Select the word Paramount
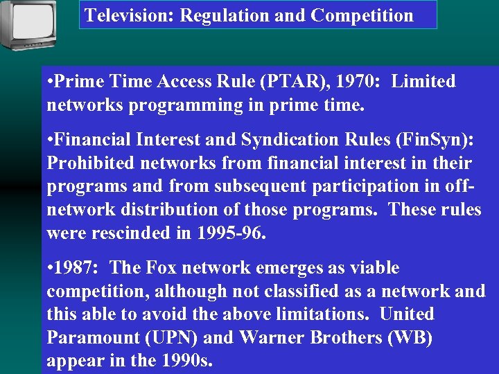click(x=91, y=338)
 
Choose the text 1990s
click(x=185, y=362)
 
